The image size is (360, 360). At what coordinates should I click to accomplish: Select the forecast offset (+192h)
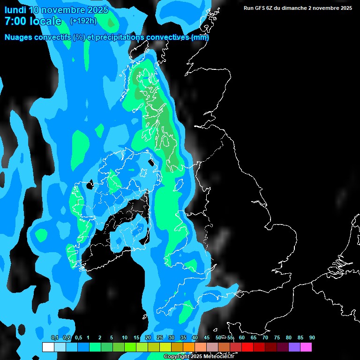(83, 21)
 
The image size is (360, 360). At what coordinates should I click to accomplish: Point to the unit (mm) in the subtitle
(200, 37)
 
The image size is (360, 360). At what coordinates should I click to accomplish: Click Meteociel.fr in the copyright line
(222, 357)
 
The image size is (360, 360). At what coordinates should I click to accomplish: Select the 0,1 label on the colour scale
(55, 337)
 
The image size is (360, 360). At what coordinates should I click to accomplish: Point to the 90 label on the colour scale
(312, 337)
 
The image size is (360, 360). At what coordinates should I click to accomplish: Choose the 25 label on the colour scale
(160, 337)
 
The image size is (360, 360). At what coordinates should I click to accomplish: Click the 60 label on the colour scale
(242, 337)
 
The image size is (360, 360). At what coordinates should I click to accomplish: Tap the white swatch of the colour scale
(48, 347)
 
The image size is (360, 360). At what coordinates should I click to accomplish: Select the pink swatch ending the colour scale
(306, 347)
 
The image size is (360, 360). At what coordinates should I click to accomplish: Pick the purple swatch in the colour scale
(294, 347)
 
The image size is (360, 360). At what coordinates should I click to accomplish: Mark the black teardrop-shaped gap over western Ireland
(90, 186)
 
